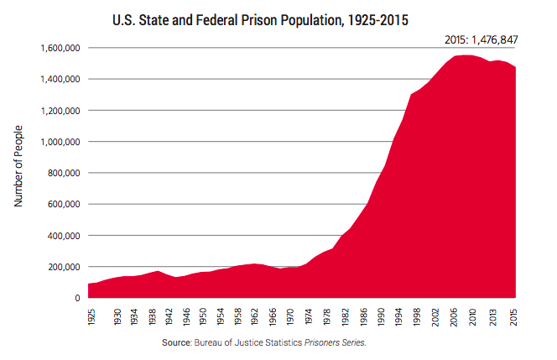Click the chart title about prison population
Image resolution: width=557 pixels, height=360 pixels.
pyautogui.click(x=278, y=18)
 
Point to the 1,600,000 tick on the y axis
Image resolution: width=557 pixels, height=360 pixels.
pyautogui.click(x=60, y=48)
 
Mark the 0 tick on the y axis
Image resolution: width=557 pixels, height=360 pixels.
pyautogui.click(x=76, y=298)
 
